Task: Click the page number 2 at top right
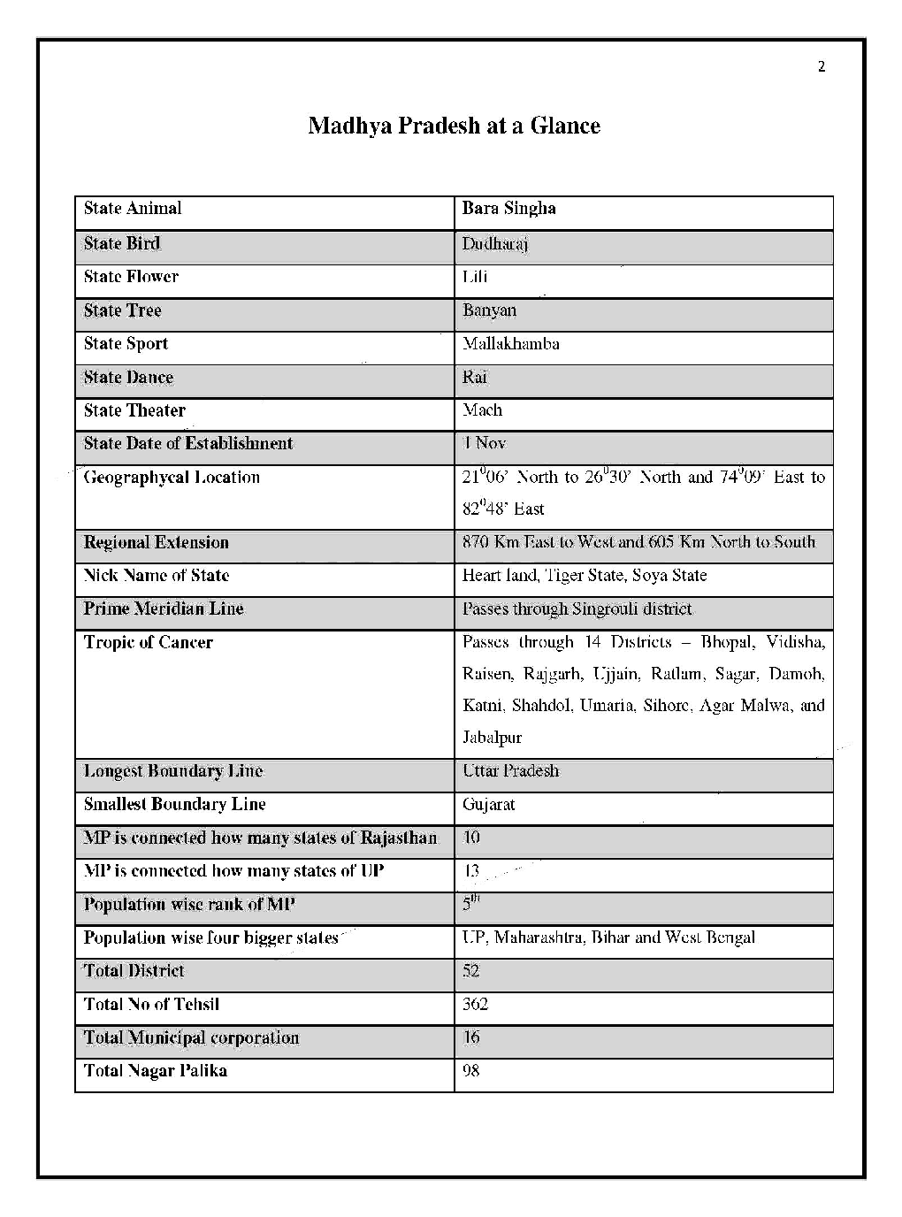(821, 67)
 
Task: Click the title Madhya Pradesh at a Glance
(454, 126)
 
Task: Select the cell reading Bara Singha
(508, 209)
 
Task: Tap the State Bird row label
(122, 243)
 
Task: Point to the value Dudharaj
(494, 244)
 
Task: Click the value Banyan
(489, 310)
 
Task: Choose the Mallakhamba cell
(510, 344)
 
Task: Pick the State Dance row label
(128, 378)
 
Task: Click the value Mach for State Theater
(482, 410)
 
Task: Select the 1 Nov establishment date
(484, 443)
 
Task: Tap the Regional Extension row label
(156, 542)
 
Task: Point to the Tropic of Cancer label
(148, 643)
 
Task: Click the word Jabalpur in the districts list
(492, 738)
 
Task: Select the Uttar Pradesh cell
(510, 771)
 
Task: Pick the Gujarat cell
(488, 805)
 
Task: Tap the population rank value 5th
(470, 903)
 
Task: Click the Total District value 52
(470, 971)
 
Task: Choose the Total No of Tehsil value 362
(475, 1005)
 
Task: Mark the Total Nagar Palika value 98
(470, 1071)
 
